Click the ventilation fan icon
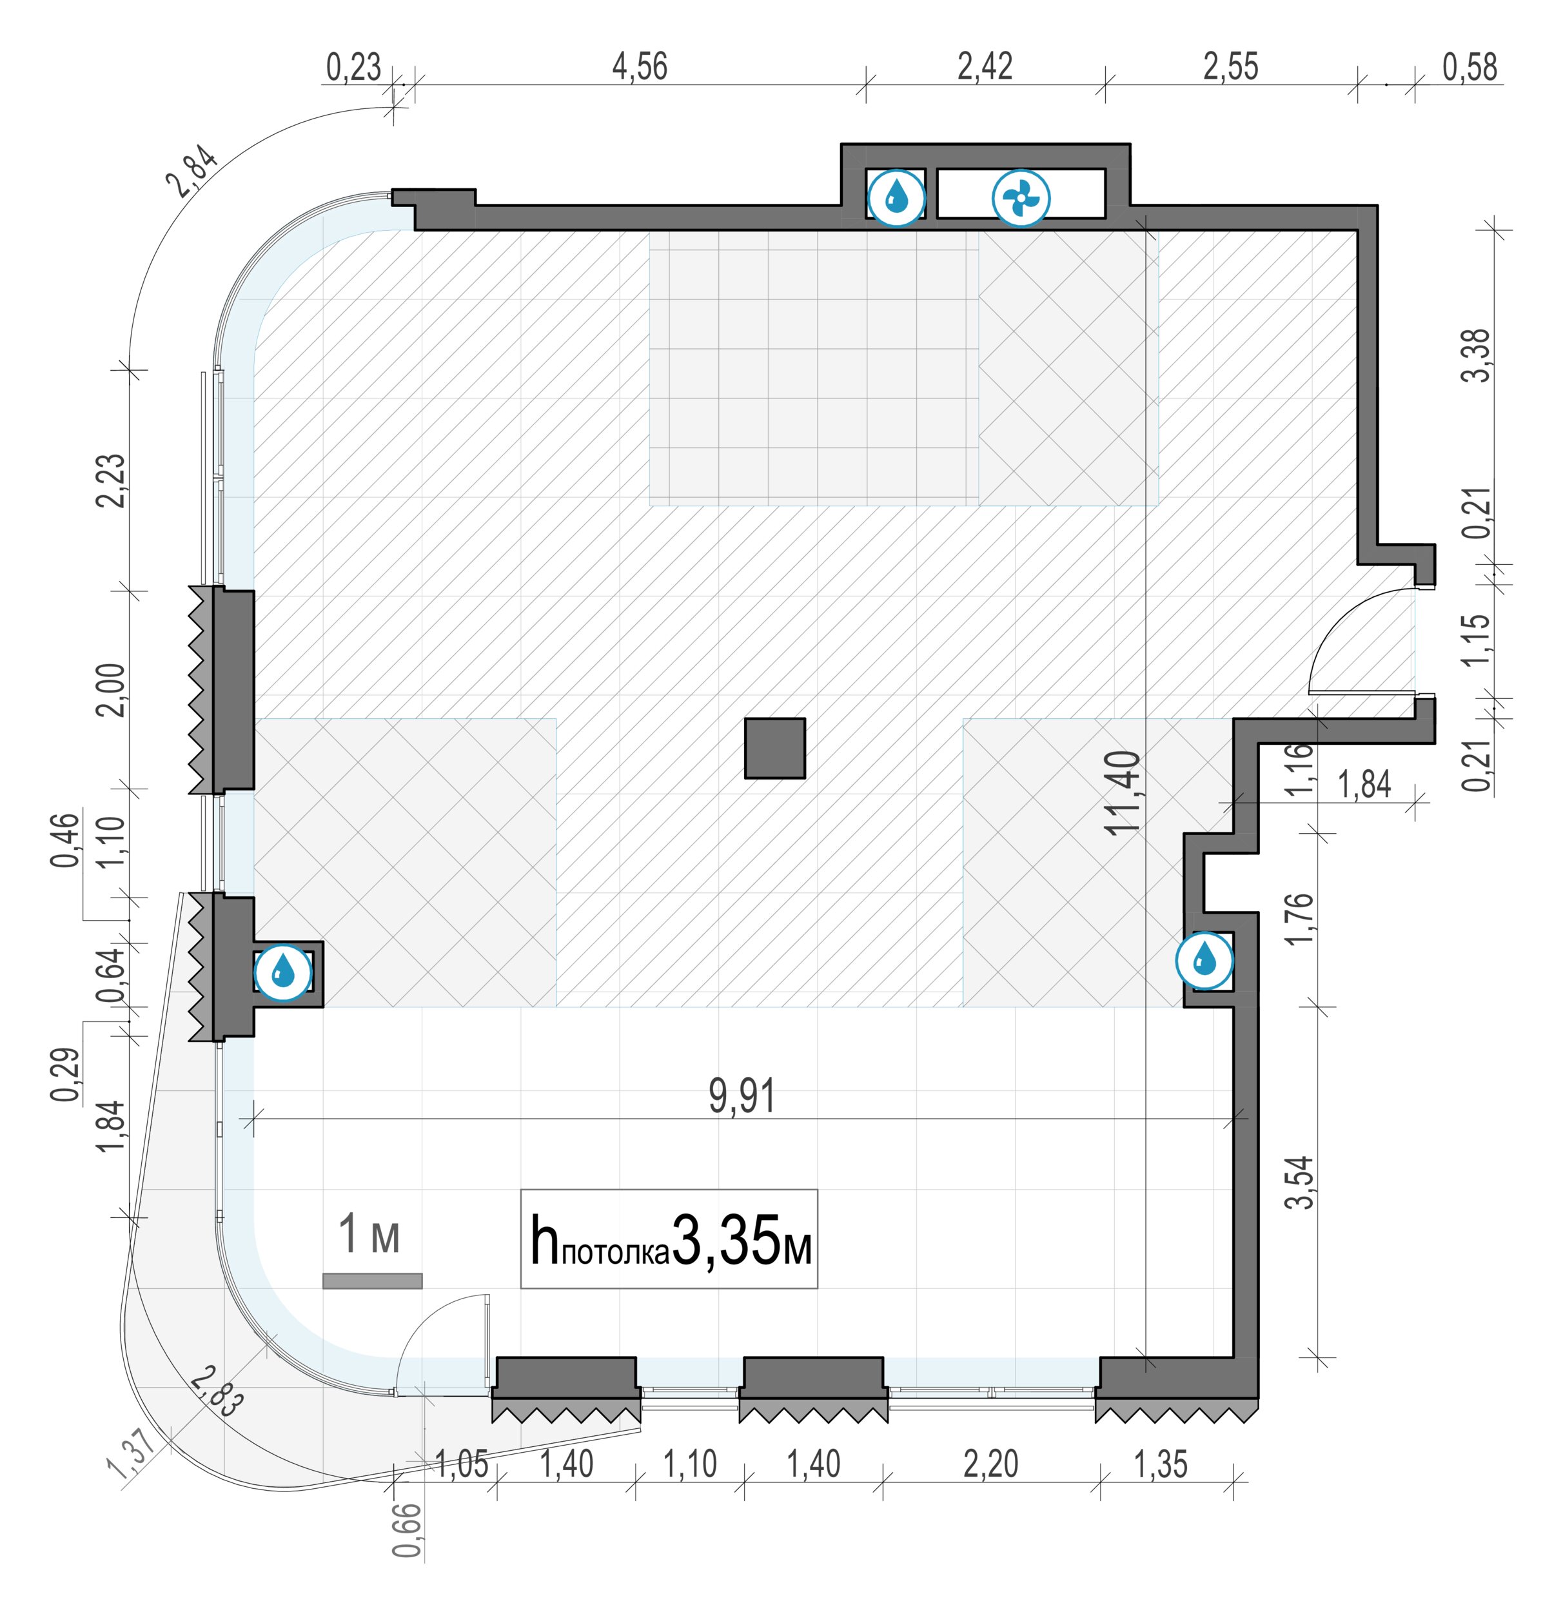tap(1021, 198)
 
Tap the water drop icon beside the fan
tap(896, 198)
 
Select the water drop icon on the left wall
tap(283, 974)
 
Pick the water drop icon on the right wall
tap(1204, 960)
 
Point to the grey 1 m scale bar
tap(373, 1281)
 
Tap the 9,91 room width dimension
tap(742, 1097)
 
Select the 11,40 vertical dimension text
tap(1123, 794)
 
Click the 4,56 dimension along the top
tap(640, 66)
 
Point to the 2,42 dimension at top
tap(985, 66)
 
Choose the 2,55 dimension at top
tap(1232, 66)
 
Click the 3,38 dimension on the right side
tap(1477, 355)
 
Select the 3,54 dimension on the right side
tap(1299, 1183)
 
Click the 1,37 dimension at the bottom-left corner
tap(130, 1455)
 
